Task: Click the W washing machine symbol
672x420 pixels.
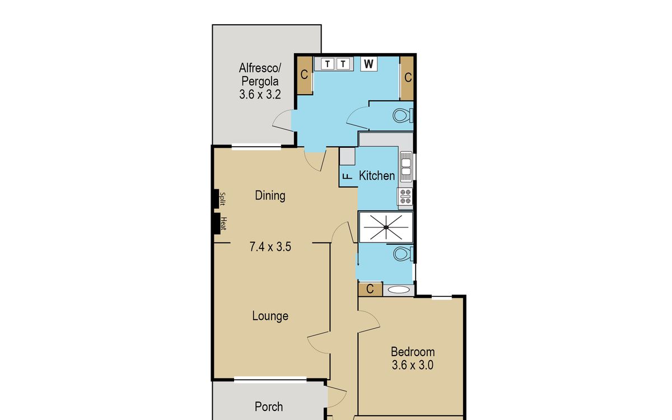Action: [368, 64]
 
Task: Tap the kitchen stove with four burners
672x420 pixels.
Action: [405, 197]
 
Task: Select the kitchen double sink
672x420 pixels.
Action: [406, 167]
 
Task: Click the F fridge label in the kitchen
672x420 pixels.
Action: [348, 176]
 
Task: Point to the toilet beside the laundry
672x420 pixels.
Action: [403, 115]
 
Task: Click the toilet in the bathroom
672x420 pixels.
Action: [403, 254]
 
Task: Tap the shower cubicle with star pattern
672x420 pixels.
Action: [386, 227]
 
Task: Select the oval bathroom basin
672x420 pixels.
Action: [398, 290]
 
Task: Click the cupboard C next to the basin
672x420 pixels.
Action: [370, 289]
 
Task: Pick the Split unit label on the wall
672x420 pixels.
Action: [222, 199]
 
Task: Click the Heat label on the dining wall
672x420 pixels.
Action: [223, 223]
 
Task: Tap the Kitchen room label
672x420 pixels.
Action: [377, 175]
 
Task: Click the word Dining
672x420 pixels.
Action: [270, 195]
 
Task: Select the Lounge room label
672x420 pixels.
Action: [270, 316]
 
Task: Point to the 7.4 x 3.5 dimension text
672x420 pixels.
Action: [270, 247]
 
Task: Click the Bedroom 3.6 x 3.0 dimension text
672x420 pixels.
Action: [413, 365]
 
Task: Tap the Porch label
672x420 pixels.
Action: [268, 407]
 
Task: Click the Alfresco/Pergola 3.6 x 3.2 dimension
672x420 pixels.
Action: [260, 95]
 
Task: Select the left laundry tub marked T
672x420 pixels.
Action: [327, 64]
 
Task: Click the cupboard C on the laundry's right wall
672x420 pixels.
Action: [407, 78]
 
